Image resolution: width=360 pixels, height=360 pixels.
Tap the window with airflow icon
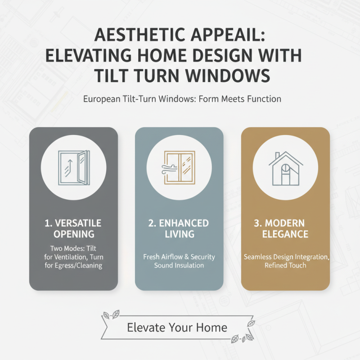[179, 166]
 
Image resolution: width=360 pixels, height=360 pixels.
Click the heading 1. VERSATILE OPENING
[73, 229]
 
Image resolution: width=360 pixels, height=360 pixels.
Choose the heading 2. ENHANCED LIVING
[179, 229]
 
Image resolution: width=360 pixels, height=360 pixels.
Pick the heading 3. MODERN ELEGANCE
[285, 229]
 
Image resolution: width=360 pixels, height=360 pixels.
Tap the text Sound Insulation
[179, 265]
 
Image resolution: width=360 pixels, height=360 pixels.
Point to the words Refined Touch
[285, 265]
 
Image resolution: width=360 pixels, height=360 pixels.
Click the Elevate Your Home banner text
[177, 327]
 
